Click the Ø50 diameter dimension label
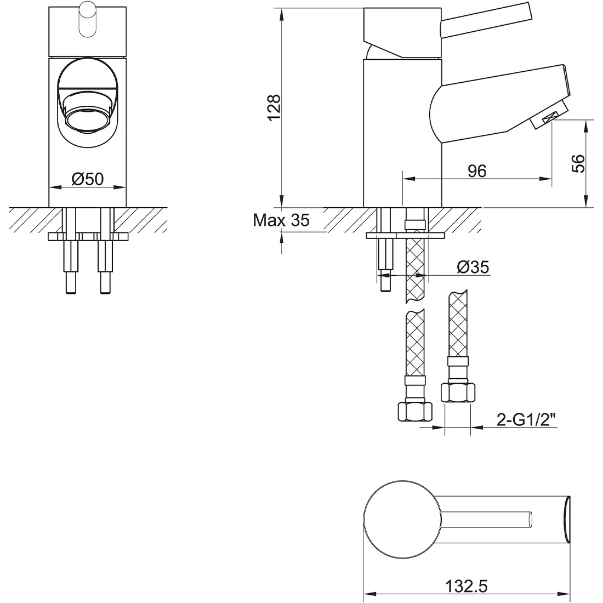tap(88, 179)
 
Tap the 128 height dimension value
tap(275, 107)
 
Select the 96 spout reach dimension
tap(477, 170)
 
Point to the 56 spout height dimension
tap(578, 163)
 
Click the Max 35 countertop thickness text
tap(281, 220)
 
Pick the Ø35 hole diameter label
tap(473, 267)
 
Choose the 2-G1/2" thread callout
tap(526, 419)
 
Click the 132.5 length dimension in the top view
tap(467, 586)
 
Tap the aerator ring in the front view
tap(88, 118)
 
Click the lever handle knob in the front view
tap(87, 19)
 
